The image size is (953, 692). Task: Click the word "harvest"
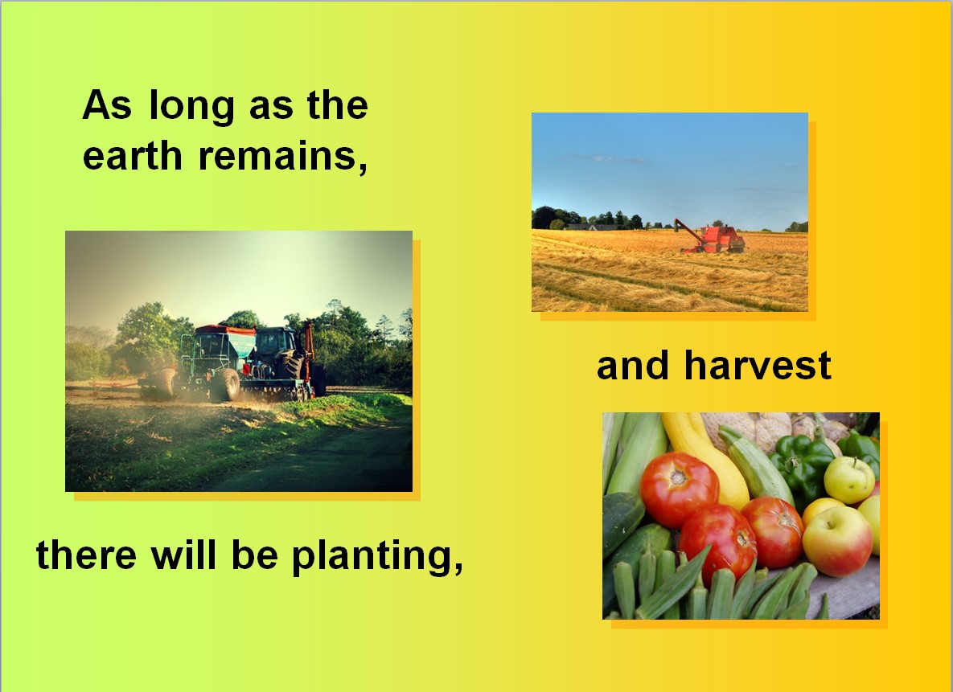click(758, 365)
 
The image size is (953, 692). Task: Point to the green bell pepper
click(801, 465)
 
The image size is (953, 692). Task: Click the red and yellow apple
click(837, 540)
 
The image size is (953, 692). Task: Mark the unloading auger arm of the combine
click(688, 230)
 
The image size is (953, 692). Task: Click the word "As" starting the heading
click(107, 104)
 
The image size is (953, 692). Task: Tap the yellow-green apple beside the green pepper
click(849, 479)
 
